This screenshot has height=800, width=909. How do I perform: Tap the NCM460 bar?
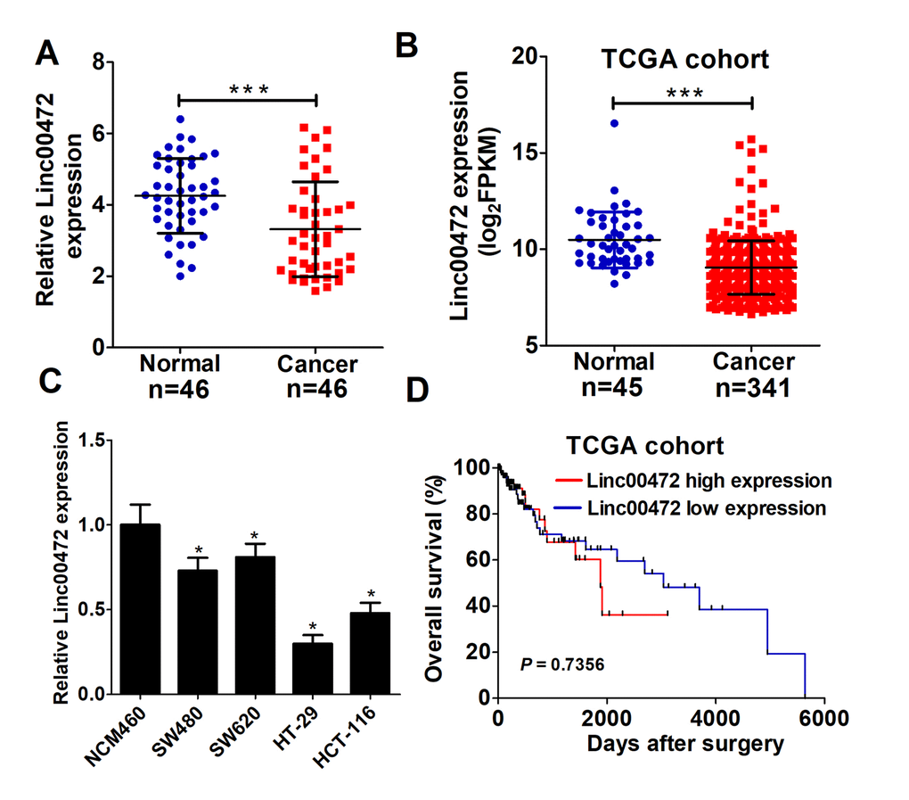point(140,610)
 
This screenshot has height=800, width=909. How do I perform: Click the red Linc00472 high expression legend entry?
point(708,481)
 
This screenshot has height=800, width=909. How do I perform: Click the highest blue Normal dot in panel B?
point(614,123)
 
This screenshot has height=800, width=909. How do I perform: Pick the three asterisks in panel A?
point(248,90)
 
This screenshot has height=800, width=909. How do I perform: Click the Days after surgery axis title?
point(684,743)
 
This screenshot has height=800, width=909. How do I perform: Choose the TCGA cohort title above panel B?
point(684,61)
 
